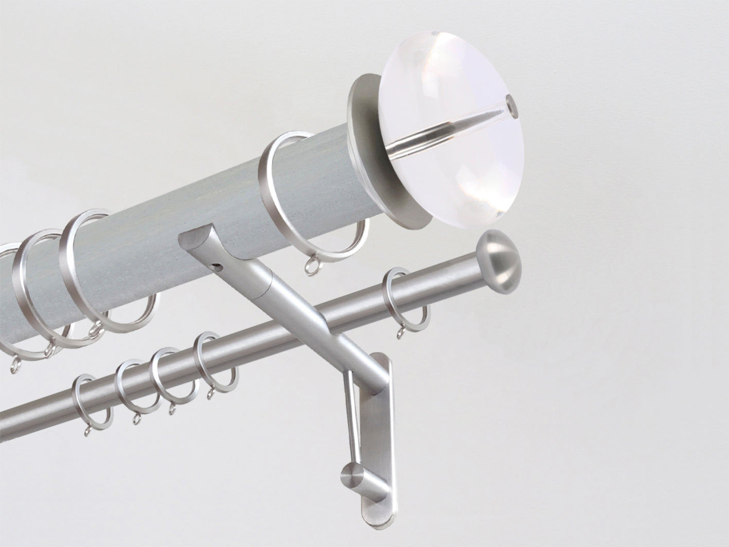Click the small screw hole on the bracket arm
point(220,267)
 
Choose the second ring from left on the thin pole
point(123,383)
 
